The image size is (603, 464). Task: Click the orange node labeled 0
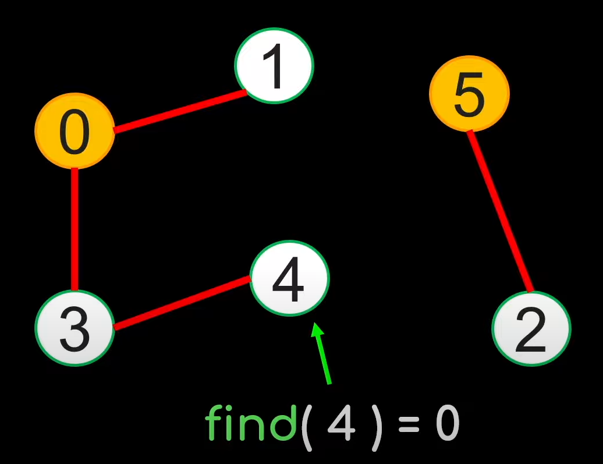[74, 131]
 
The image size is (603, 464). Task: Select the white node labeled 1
[274, 65]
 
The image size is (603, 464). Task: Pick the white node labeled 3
[75, 328]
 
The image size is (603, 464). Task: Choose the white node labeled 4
[289, 278]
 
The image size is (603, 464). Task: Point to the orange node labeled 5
[469, 94]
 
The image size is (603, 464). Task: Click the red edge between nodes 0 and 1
[180, 110]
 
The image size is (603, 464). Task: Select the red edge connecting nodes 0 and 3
[75, 229]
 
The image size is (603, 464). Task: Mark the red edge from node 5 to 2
[501, 212]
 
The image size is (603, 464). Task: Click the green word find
[251, 423]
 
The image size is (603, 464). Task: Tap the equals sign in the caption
[409, 426]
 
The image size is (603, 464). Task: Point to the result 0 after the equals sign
[448, 424]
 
